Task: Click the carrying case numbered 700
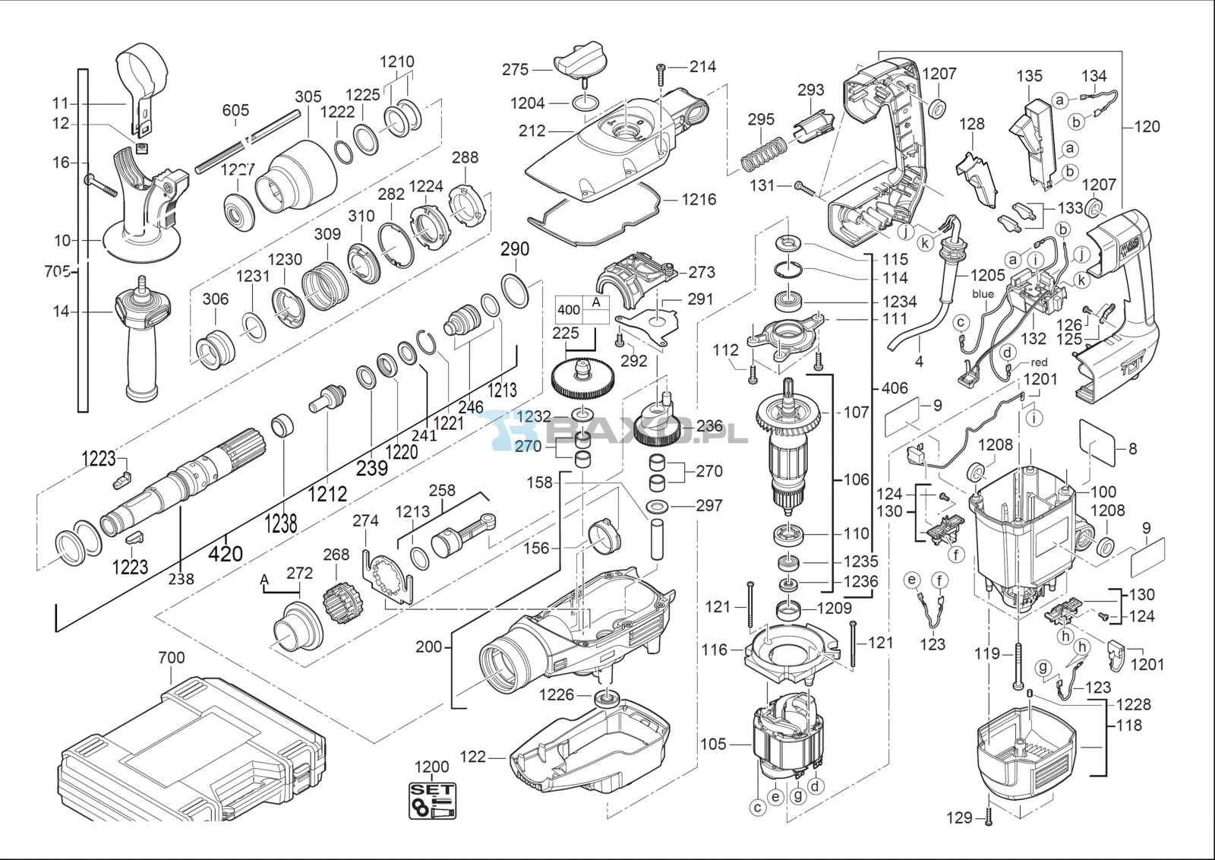coord(190,752)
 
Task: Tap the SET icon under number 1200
coord(432,801)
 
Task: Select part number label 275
coord(515,69)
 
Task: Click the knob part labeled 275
coord(580,59)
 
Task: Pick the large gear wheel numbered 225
coord(582,379)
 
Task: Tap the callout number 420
coord(226,553)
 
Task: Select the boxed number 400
coord(569,310)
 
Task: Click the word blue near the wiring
coord(983,294)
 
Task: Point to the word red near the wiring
coord(1040,362)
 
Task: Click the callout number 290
coord(515,249)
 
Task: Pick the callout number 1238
coord(281,523)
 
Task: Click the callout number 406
coord(895,388)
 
